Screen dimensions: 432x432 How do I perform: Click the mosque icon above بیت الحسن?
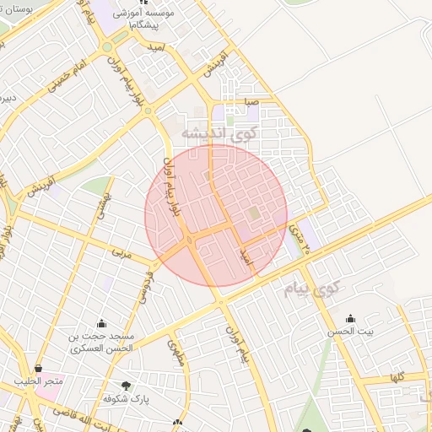pos(351,319)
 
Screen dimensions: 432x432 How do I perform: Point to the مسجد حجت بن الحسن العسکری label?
pos(100,342)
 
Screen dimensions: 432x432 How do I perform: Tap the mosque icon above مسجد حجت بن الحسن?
pos(102,322)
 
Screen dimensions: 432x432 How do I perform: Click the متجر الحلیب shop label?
pos(39,382)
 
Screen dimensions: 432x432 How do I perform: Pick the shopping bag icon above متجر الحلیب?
pos(39,368)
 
